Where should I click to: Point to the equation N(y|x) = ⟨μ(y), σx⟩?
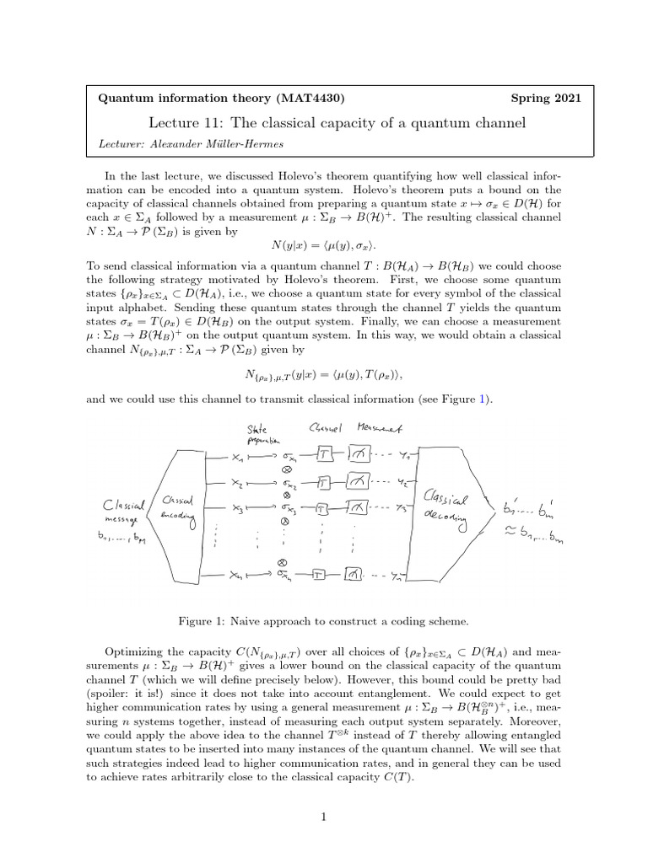click(324, 246)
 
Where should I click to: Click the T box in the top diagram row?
click(324, 455)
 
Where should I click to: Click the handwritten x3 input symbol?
click(239, 510)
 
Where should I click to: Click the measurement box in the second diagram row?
click(355, 483)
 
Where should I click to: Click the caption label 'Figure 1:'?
click(199, 621)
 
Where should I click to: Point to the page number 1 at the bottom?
click(323, 817)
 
